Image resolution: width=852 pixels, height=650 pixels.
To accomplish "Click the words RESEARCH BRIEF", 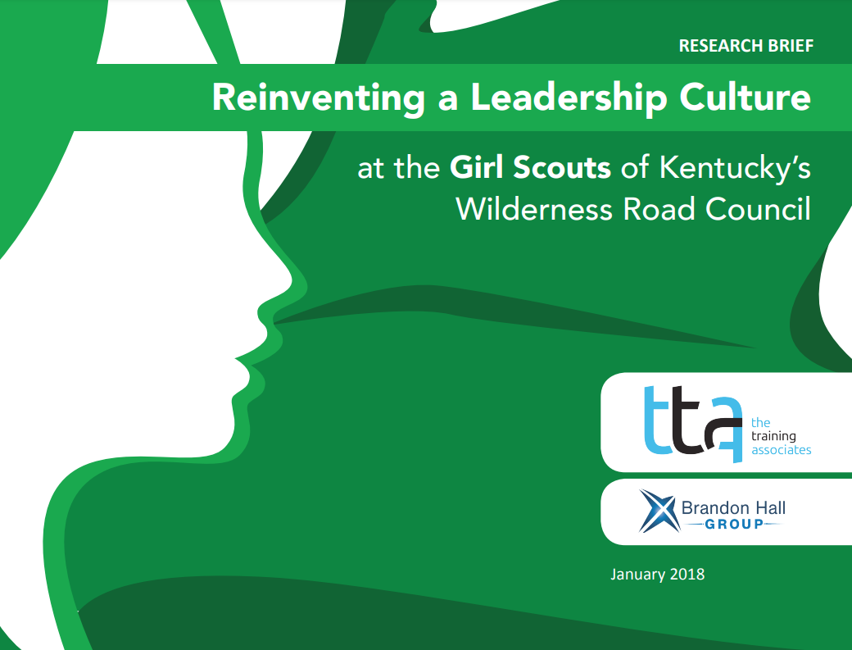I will click(745, 46).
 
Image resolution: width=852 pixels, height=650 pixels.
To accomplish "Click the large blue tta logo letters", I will click(691, 420).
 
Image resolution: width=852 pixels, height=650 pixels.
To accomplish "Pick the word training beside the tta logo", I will click(773, 436).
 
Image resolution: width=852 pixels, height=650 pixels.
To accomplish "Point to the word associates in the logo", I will click(781, 450).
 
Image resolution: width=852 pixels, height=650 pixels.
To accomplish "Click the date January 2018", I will click(657, 574).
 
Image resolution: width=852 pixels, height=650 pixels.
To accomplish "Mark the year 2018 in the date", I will click(687, 574).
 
